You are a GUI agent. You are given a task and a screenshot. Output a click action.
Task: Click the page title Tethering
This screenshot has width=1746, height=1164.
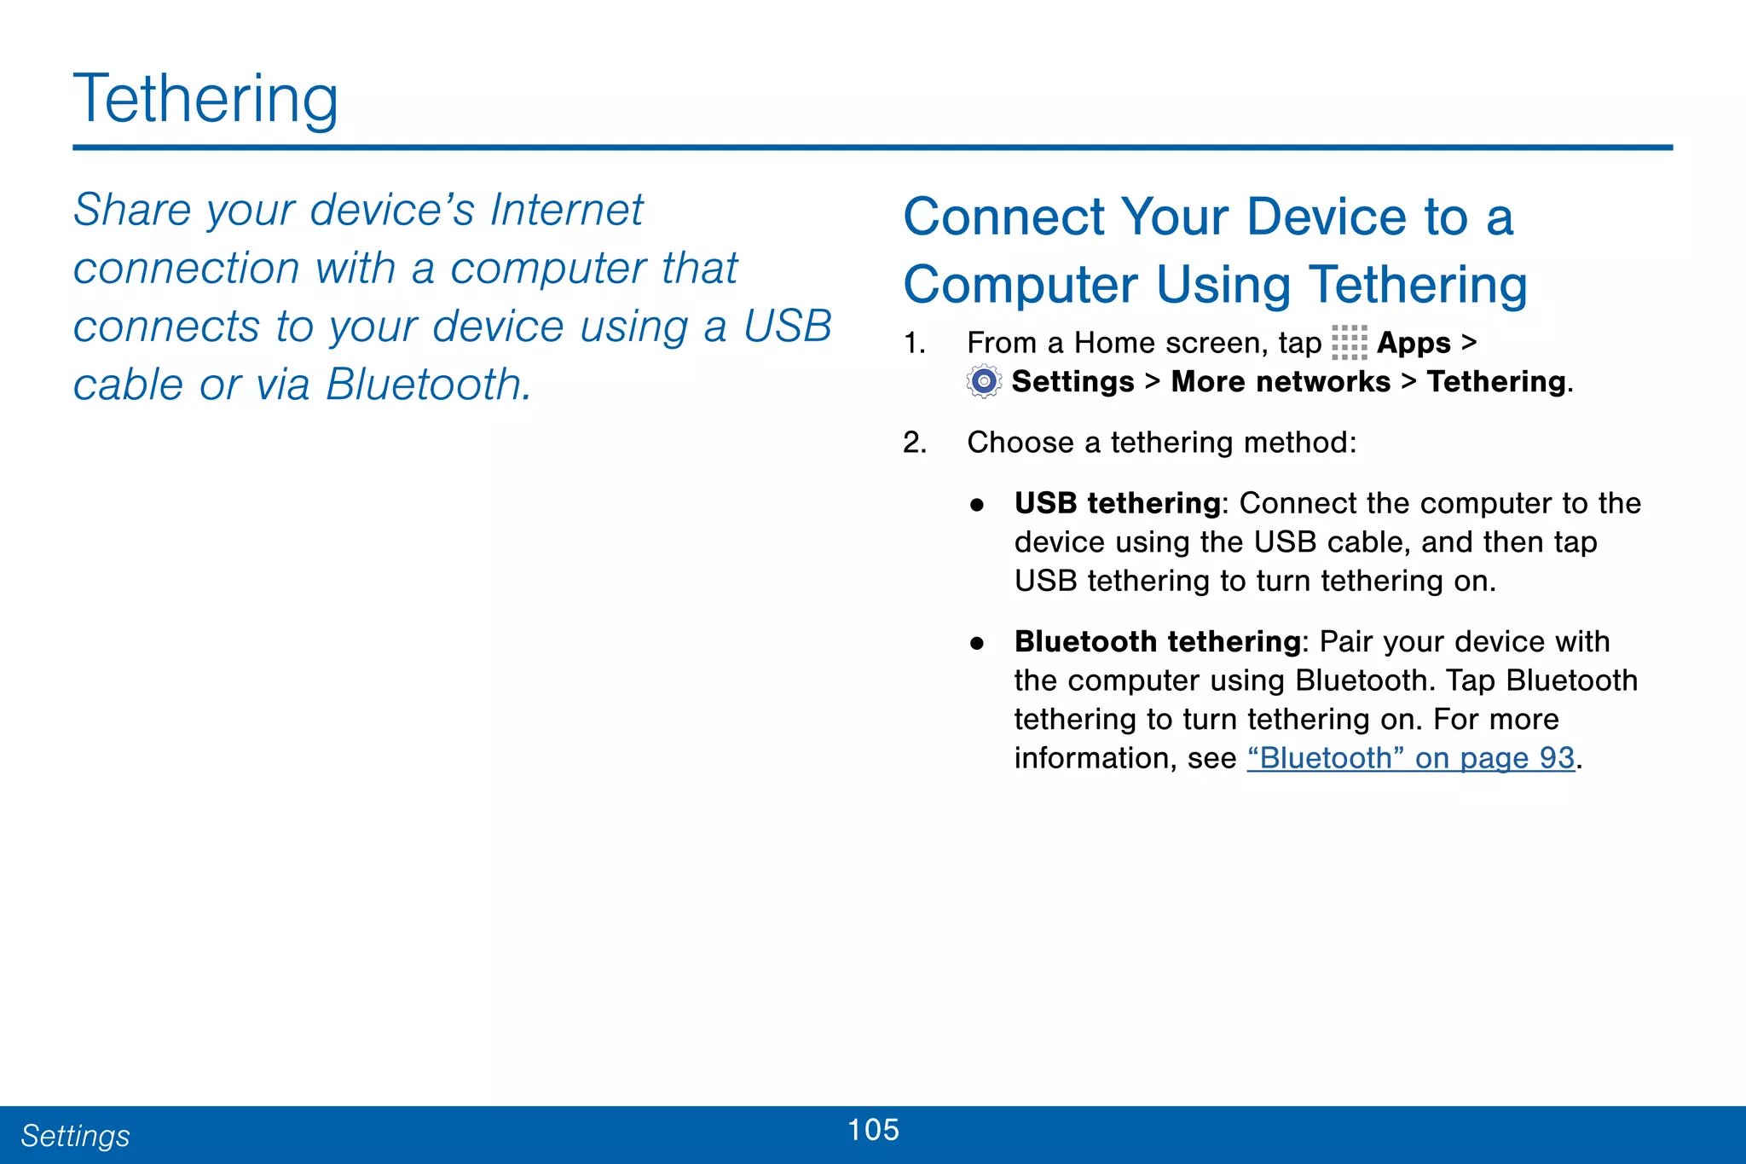[205, 100]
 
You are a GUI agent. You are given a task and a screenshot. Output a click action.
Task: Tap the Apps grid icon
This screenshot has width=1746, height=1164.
[1349, 343]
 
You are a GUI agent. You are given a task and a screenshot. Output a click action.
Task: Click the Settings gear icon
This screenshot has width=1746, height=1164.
[984, 381]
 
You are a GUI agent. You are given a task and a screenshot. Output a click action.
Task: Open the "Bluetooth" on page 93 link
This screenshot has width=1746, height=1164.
[1410, 758]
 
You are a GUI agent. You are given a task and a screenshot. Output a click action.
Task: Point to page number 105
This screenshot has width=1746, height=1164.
[873, 1130]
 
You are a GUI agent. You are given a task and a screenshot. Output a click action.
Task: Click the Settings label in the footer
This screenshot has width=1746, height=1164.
[75, 1136]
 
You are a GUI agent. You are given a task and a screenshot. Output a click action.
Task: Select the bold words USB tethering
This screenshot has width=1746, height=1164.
[1117, 503]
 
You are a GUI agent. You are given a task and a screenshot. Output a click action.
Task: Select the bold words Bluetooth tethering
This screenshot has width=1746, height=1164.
[1157, 641]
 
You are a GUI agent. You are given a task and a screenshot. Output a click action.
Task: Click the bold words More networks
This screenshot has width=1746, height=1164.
[1280, 381]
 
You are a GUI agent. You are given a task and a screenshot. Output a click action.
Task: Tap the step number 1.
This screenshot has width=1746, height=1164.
[914, 343]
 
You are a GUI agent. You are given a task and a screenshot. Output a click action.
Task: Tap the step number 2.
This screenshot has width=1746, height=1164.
[914, 443]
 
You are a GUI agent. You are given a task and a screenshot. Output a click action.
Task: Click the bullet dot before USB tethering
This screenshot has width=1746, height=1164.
[977, 505]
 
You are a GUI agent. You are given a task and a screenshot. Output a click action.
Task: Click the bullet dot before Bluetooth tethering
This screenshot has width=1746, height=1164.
[977, 643]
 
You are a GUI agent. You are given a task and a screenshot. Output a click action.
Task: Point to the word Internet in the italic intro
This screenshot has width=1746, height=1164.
[566, 210]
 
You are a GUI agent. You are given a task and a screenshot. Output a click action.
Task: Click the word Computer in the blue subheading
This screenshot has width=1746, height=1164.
[1020, 285]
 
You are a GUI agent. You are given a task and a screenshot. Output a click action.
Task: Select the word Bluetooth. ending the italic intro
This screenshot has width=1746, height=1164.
[429, 385]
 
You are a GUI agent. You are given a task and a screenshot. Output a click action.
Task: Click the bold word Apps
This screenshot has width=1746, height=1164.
[1414, 343]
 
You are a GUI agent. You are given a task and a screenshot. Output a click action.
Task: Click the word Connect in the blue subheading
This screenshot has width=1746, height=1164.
[1003, 217]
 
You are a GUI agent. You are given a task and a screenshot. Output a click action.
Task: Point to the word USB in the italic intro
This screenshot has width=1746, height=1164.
[787, 327]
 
